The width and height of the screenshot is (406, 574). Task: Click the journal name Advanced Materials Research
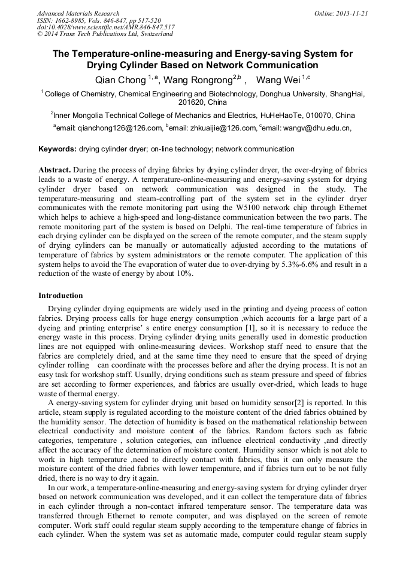[x=78, y=13]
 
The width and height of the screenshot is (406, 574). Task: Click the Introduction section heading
[x=60, y=296]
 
